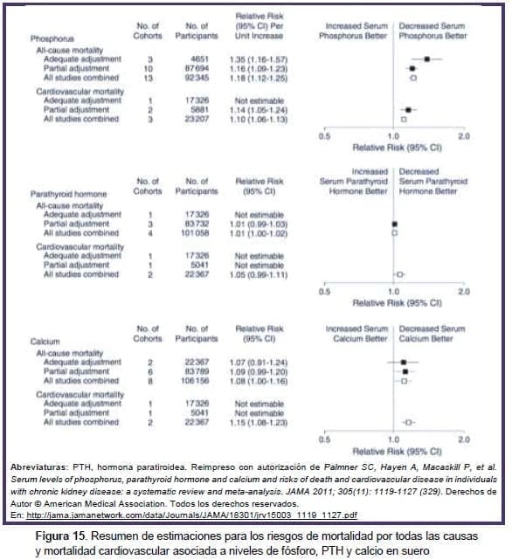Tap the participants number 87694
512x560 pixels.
coord(197,68)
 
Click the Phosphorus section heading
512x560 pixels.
coord(52,40)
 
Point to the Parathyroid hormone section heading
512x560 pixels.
coord(68,193)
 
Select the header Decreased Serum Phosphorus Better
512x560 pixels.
coord(432,31)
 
